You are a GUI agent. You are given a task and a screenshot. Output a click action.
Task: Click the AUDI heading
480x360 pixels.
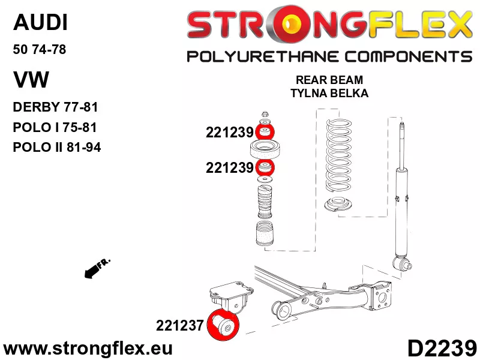[40, 22]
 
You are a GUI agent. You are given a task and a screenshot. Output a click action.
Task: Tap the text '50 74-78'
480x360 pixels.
[40, 49]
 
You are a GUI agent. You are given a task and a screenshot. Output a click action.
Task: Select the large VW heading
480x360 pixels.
[31, 80]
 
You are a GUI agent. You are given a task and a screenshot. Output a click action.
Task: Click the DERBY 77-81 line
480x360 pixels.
[55, 107]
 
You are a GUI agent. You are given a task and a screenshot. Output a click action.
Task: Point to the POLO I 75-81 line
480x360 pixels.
[55, 127]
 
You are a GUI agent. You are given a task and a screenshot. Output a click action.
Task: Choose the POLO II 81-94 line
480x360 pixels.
[57, 147]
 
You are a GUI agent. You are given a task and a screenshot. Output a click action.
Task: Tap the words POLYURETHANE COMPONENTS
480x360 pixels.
[329, 56]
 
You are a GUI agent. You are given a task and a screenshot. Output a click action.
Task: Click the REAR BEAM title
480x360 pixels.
[329, 80]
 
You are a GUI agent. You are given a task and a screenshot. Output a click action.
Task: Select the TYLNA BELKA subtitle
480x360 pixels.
[329, 93]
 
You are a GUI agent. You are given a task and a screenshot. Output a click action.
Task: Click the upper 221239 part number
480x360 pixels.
[230, 133]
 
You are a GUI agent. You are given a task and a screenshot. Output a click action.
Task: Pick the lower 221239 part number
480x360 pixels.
[230, 168]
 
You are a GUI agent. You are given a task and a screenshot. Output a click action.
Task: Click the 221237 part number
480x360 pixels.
[179, 325]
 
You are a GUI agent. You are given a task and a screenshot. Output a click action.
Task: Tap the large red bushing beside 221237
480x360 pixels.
[223, 325]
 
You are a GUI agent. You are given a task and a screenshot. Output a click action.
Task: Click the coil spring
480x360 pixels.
[338, 157]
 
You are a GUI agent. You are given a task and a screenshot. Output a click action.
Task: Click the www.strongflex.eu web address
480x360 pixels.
[88, 349]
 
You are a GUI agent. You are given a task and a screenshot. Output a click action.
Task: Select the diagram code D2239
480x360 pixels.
[442, 348]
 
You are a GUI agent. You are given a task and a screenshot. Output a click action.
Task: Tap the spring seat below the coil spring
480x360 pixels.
[338, 204]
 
